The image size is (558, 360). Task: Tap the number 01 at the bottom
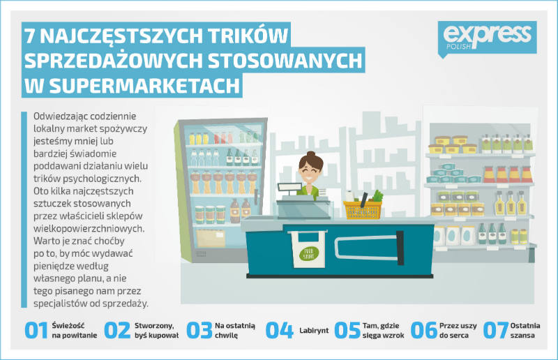[36, 331]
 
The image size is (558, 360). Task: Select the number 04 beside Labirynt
[280, 331]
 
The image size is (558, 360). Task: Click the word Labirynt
[314, 331]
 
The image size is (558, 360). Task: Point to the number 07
[495, 331]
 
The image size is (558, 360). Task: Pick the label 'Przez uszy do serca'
[458, 331]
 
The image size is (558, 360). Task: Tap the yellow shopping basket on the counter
[363, 210]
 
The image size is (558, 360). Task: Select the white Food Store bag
[308, 249]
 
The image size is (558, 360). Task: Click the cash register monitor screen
[289, 187]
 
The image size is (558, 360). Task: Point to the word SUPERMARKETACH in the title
[144, 85]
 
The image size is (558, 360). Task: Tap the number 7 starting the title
[31, 36]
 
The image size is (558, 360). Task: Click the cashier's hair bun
[311, 153]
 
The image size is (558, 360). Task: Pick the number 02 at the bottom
[117, 331]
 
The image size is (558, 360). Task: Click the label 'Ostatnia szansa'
[525, 331]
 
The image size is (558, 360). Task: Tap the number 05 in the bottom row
[347, 331]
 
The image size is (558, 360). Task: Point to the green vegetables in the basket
[377, 196]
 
